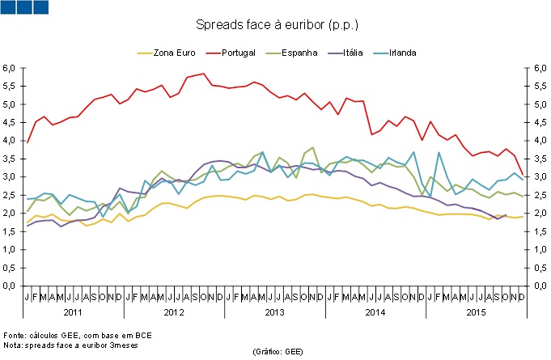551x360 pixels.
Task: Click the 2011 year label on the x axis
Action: point(71,312)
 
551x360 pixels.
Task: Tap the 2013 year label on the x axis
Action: point(274,312)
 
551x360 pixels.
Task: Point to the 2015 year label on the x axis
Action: point(477,312)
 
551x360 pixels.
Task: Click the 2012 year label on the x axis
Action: point(172,312)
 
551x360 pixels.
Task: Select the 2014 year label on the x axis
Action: point(375,312)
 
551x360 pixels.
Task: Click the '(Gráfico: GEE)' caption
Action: point(278,353)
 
